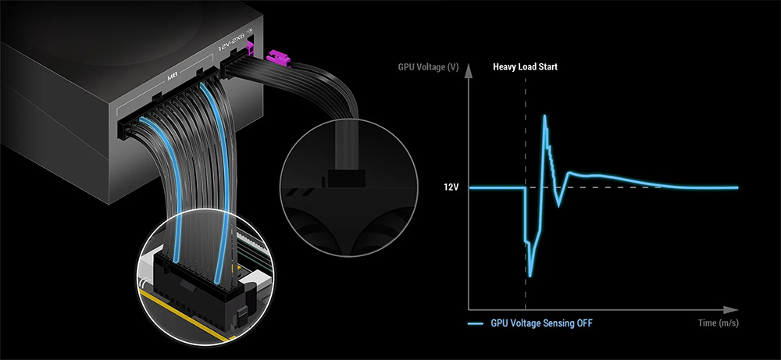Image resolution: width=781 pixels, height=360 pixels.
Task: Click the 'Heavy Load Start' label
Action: tap(525, 67)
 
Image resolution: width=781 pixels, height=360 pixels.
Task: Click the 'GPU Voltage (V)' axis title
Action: tap(428, 67)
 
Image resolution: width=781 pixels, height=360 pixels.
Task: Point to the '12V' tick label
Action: tap(451, 188)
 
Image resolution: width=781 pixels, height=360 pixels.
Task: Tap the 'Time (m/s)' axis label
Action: tap(719, 323)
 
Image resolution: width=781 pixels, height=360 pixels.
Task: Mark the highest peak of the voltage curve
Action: tap(545, 116)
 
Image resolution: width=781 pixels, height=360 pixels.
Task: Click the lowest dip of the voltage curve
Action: tap(530, 276)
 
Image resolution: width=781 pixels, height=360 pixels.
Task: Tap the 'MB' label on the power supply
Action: tap(174, 77)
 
